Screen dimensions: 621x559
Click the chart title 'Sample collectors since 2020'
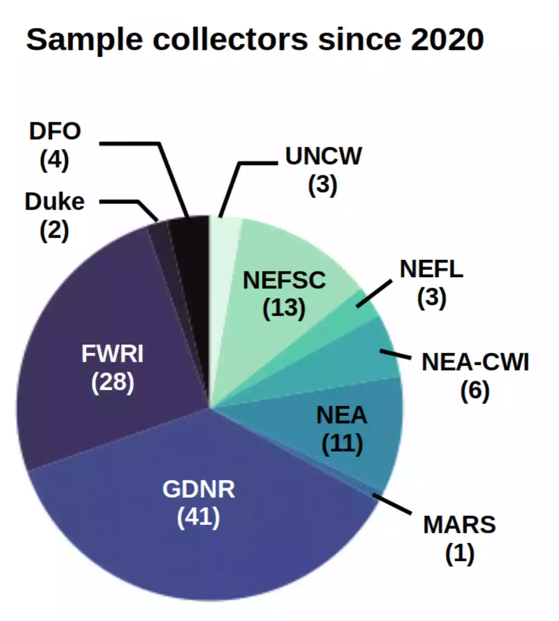click(x=254, y=39)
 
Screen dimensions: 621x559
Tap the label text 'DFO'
click(x=55, y=131)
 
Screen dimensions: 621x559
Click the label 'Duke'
click(x=55, y=202)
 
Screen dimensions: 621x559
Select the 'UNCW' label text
click(x=323, y=156)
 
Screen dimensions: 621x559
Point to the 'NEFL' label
click(x=431, y=269)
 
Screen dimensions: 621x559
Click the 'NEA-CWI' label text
click(x=475, y=362)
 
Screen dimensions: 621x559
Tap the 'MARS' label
click(x=459, y=525)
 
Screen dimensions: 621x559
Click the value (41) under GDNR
click(x=198, y=517)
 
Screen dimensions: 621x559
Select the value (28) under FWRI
click(x=112, y=382)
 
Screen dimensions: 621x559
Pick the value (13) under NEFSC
click(x=284, y=308)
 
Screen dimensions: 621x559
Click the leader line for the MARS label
click(x=393, y=505)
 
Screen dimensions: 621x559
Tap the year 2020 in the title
click(x=447, y=39)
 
